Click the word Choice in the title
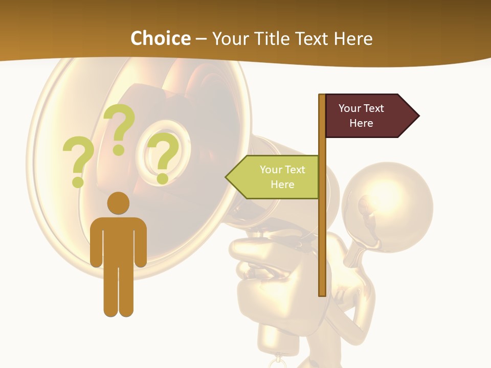click(160, 39)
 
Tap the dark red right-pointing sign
click(366, 116)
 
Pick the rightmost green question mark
click(163, 156)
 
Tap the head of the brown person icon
click(118, 203)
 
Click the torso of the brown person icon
click(118, 240)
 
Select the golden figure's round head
click(387, 208)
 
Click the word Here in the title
click(353, 39)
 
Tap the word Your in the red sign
click(349, 108)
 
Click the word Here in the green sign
click(282, 185)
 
